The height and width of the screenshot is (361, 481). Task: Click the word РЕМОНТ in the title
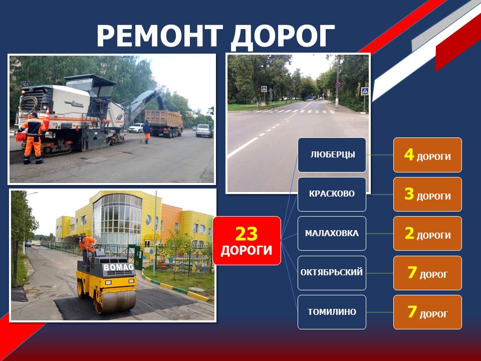[159, 36]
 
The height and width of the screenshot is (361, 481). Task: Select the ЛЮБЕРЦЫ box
[332, 155]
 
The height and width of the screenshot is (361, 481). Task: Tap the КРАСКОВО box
[332, 194]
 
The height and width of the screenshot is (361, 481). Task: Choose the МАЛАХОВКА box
[332, 233]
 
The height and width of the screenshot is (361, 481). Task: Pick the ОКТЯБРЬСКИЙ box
[332, 273]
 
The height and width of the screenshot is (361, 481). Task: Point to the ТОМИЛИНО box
[332, 312]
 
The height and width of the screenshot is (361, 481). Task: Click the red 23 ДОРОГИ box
[247, 241]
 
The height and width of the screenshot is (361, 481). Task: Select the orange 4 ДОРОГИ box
[427, 155]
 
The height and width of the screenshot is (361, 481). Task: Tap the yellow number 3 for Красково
[409, 194]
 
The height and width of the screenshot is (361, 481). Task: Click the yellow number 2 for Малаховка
[409, 233]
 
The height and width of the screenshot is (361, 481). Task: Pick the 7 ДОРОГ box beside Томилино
[427, 312]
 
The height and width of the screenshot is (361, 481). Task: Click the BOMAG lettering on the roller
[119, 267]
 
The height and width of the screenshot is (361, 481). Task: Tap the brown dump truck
[164, 123]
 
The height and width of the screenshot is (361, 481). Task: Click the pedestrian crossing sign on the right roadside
[364, 91]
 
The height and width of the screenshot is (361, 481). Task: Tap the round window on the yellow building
[148, 220]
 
